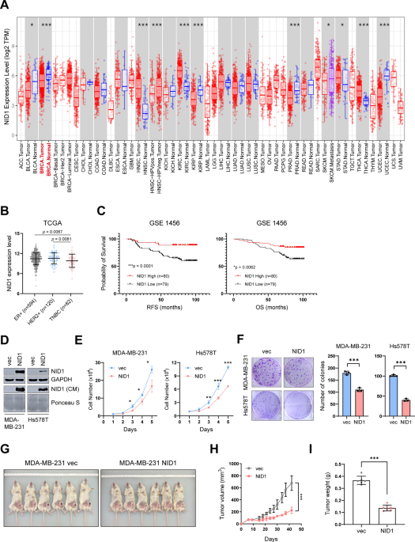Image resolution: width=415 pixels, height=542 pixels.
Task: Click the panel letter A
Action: click(x=6, y=6)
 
